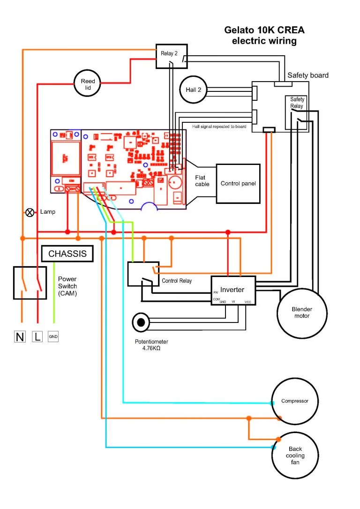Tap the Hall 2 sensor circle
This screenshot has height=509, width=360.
(x=193, y=89)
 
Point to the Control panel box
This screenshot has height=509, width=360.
(x=238, y=184)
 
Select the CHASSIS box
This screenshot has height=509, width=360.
(x=67, y=254)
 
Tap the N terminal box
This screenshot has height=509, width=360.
(x=20, y=337)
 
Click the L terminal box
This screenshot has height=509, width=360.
(x=37, y=337)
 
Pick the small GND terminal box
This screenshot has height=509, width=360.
(x=53, y=337)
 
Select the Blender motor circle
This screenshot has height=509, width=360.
(x=301, y=313)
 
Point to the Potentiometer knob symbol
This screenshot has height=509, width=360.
(x=141, y=322)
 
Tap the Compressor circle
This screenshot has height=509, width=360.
(x=295, y=401)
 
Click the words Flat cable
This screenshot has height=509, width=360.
(x=202, y=181)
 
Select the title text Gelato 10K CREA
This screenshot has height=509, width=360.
(x=264, y=30)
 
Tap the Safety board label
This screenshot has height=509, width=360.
(x=308, y=75)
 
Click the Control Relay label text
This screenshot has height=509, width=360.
(x=177, y=281)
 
